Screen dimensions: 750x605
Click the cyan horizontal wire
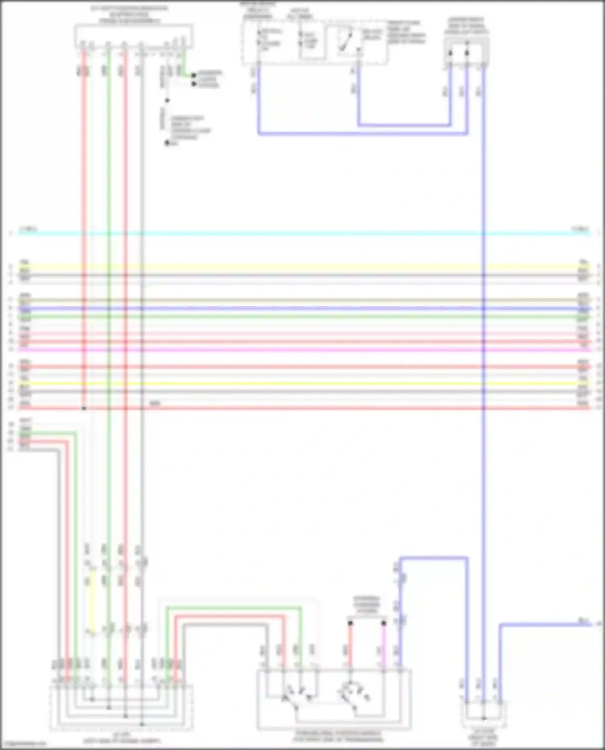click(302, 233)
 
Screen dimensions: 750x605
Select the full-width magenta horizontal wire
click(302, 349)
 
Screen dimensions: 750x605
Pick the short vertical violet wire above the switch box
click(384, 645)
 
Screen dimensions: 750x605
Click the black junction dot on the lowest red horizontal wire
click(84, 408)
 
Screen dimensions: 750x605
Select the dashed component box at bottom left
click(121, 707)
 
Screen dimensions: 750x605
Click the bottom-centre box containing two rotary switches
click(334, 699)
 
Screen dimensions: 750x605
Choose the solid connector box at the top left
click(133, 35)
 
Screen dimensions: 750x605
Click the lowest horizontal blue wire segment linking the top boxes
click(363, 133)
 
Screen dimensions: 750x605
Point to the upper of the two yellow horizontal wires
click(302, 267)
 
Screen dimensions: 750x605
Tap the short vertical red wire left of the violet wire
click(350, 645)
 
